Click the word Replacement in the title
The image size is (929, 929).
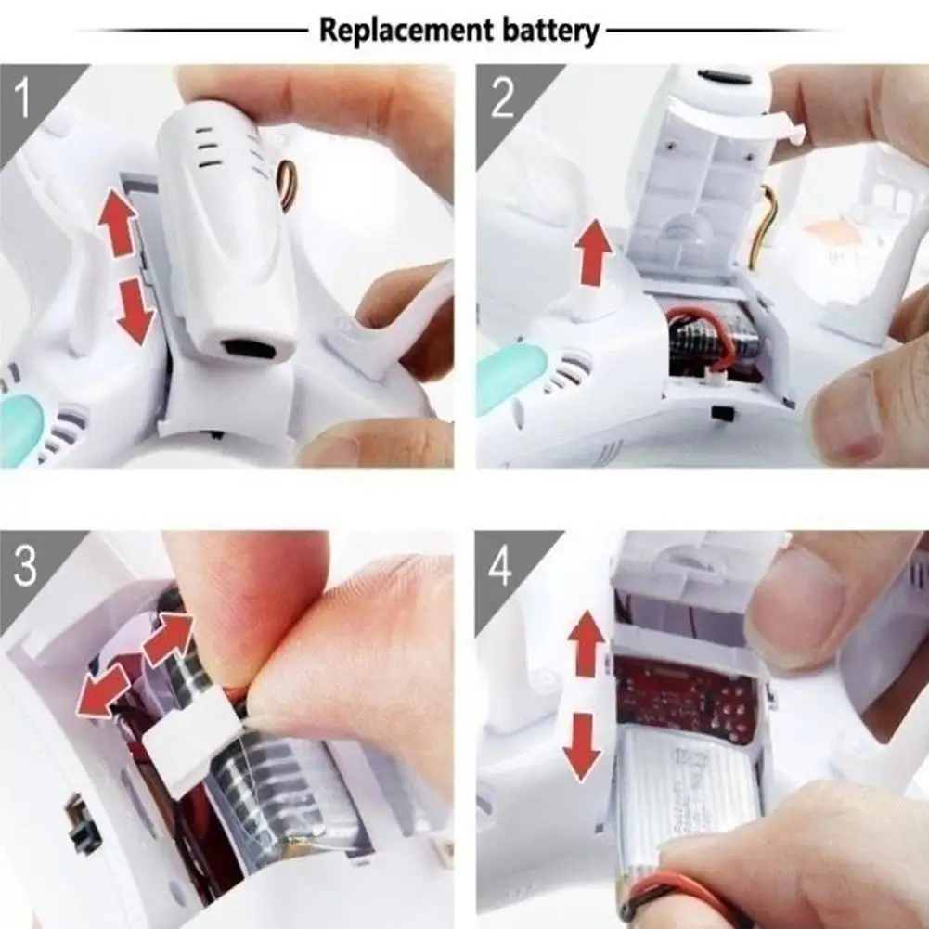(406, 31)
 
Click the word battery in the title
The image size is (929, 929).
(550, 31)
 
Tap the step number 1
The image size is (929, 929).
(22, 98)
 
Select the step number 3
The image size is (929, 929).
(25, 566)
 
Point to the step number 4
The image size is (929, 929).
(500, 566)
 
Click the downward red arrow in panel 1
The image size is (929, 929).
(135, 312)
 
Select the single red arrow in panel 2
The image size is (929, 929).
(594, 252)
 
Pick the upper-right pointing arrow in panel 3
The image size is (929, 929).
(168, 639)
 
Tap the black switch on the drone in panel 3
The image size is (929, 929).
(81, 820)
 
